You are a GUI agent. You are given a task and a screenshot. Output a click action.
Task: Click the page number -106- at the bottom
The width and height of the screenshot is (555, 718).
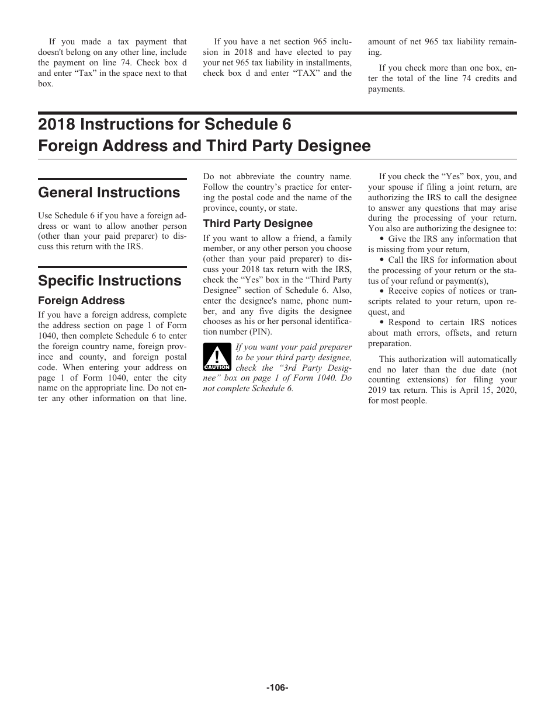coord(277,688)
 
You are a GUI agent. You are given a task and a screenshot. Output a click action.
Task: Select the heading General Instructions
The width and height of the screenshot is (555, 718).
coord(109,193)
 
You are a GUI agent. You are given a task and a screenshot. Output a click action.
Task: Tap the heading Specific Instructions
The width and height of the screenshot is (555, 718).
coord(110,281)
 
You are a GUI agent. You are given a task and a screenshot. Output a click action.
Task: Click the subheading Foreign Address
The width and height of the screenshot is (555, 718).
coord(81,301)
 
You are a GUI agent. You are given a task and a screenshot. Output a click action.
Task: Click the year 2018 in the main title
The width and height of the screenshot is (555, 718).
coord(57,124)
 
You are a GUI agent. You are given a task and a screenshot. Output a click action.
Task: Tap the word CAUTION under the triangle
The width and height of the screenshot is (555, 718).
coord(217,367)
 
